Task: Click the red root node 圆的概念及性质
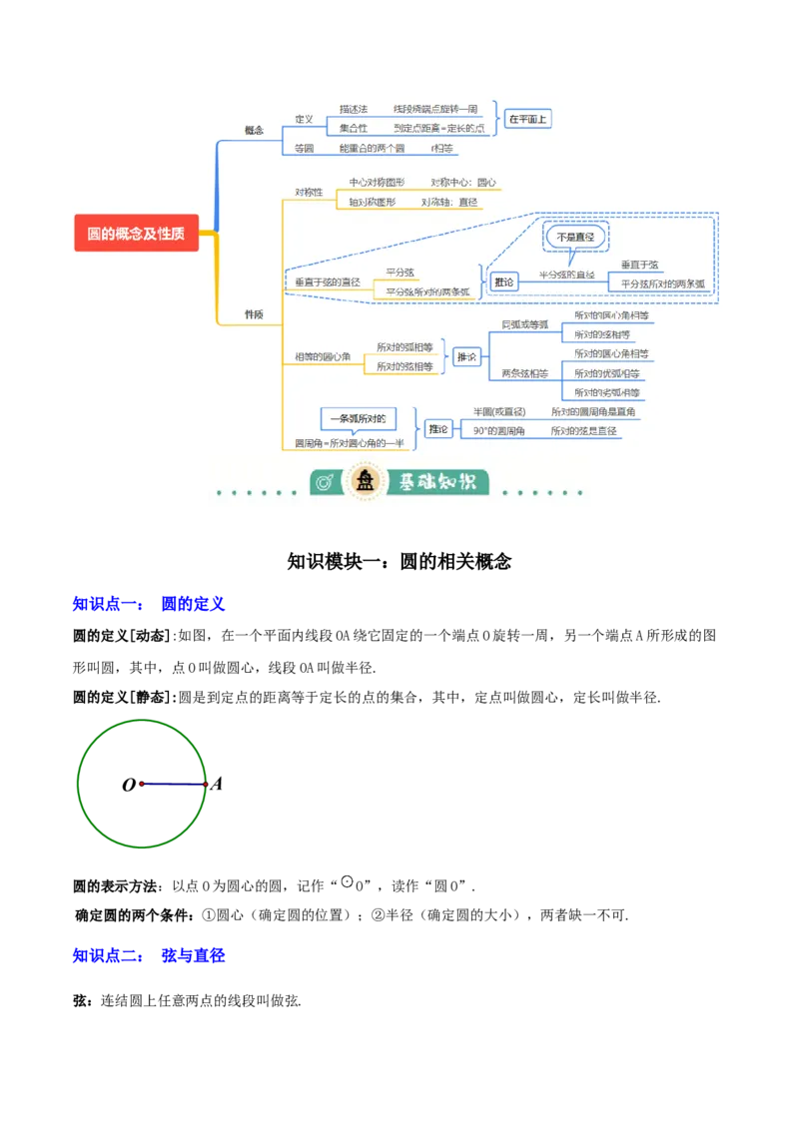(x=136, y=235)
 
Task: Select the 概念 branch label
(x=254, y=130)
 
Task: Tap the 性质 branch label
(x=254, y=314)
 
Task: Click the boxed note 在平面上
(x=527, y=119)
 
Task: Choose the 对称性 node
(x=309, y=192)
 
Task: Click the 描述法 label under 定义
(x=354, y=109)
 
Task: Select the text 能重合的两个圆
(x=372, y=149)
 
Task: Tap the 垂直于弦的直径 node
(x=327, y=282)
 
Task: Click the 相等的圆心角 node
(x=323, y=356)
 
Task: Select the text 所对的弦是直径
(x=584, y=431)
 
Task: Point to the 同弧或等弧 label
(x=524, y=324)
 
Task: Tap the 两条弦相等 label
(x=524, y=373)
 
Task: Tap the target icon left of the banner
(x=325, y=483)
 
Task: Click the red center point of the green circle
(x=141, y=785)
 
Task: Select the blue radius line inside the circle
(x=173, y=785)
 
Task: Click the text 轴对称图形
(x=372, y=202)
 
